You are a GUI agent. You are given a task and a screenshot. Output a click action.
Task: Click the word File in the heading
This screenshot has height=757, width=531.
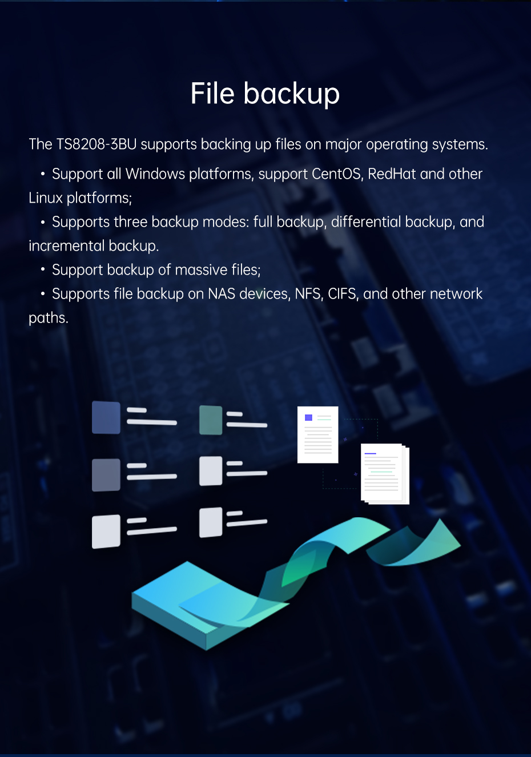pyautogui.click(x=212, y=94)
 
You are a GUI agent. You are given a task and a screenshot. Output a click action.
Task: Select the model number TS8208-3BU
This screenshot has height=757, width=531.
pyautogui.click(x=96, y=144)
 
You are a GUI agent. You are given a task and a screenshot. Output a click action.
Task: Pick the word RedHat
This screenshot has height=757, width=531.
pyautogui.click(x=392, y=174)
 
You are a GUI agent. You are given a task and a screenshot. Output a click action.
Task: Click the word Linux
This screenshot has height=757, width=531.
pyautogui.click(x=46, y=198)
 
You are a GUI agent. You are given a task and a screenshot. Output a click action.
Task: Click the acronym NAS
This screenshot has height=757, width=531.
pyautogui.click(x=222, y=294)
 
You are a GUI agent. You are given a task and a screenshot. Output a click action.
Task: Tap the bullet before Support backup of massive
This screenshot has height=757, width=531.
pyautogui.click(x=43, y=270)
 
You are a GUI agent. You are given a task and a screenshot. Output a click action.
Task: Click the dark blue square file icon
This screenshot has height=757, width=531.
pyautogui.click(x=106, y=417)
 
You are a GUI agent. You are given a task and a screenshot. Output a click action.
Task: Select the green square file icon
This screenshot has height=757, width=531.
pyautogui.click(x=211, y=420)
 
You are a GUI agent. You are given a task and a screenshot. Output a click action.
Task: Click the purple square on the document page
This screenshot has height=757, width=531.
pyautogui.click(x=308, y=418)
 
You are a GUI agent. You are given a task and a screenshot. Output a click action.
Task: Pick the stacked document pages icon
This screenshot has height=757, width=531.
pyautogui.click(x=385, y=473)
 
